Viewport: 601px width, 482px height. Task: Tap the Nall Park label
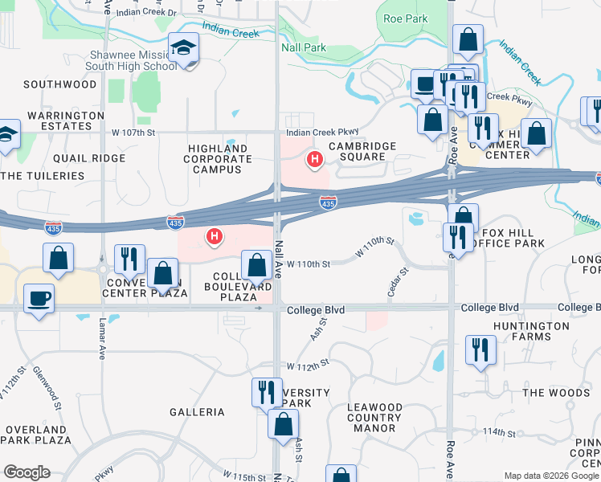(x=304, y=48)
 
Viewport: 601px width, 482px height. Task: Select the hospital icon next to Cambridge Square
(x=315, y=160)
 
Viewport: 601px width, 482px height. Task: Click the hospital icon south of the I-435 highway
(x=215, y=235)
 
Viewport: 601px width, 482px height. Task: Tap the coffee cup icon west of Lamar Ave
(x=39, y=299)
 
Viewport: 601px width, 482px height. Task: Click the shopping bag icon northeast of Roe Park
(x=467, y=39)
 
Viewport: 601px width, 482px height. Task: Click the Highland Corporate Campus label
(x=218, y=159)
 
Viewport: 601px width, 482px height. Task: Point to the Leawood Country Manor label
(x=374, y=418)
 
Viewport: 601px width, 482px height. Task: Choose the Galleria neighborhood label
(x=197, y=412)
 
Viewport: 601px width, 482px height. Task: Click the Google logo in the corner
(x=27, y=472)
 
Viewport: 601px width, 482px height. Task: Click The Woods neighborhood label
(x=556, y=393)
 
